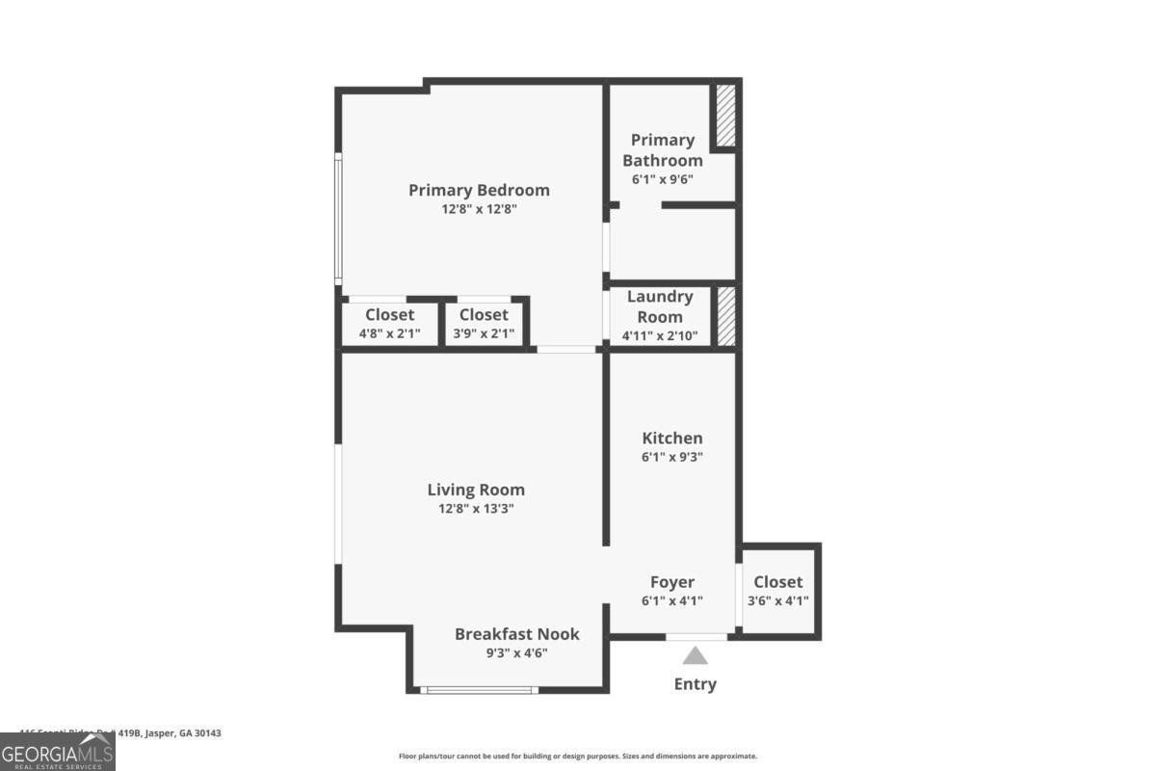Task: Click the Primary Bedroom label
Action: click(x=479, y=190)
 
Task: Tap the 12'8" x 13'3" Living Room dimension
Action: click(x=476, y=509)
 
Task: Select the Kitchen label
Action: click(x=672, y=439)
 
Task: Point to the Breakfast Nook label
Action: click(x=517, y=633)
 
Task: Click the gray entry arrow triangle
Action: click(x=696, y=656)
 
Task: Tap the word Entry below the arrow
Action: click(x=696, y=684)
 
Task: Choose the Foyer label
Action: click(x=672, y=582)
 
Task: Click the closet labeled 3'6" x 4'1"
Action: click(x=778, y=591)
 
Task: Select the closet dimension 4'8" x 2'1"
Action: click(x=389, y=334)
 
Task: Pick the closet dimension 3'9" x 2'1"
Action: click(x=484, y=334)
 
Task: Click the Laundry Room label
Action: click(x=660, y=306)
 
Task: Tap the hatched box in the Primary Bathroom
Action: click(x=724, y=117)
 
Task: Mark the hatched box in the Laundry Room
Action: click(x=726, y=316)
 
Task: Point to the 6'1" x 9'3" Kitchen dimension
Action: click(x=672, y=458)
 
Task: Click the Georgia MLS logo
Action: click(x=58, y=752)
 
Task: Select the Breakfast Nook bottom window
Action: click(x=479, y=689)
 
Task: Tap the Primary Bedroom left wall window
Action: click(x=338, y=219)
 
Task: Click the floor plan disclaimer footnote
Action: click(x=578, y=757)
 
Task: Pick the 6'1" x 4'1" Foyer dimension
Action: click(x=672, y=600)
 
